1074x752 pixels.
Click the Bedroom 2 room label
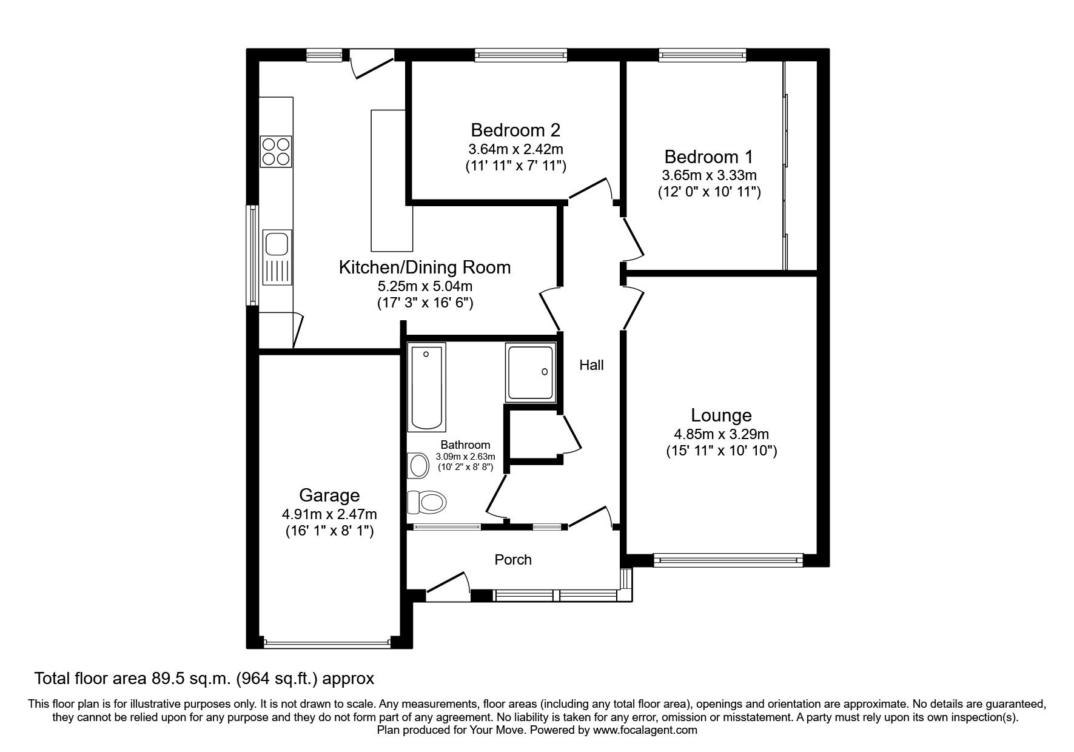click(515, 130)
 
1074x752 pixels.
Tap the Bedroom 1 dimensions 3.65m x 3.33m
click(709, 175)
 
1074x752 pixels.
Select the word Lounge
click(721, 415)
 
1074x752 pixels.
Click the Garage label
click(329, 495)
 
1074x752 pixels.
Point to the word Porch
click(513, 560)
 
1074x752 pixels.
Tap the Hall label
click(591, 365)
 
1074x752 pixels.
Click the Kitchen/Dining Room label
click(425, 267)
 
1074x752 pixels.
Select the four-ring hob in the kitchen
click(276, 152)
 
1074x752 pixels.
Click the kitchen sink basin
click(277, 243)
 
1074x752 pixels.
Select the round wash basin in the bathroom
click(418, 466)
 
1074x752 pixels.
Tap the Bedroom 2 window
click(521, 55)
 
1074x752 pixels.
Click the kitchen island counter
click(388, 180)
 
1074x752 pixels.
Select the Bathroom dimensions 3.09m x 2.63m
click(465, 457)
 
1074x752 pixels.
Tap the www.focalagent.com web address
click(645, 730)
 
